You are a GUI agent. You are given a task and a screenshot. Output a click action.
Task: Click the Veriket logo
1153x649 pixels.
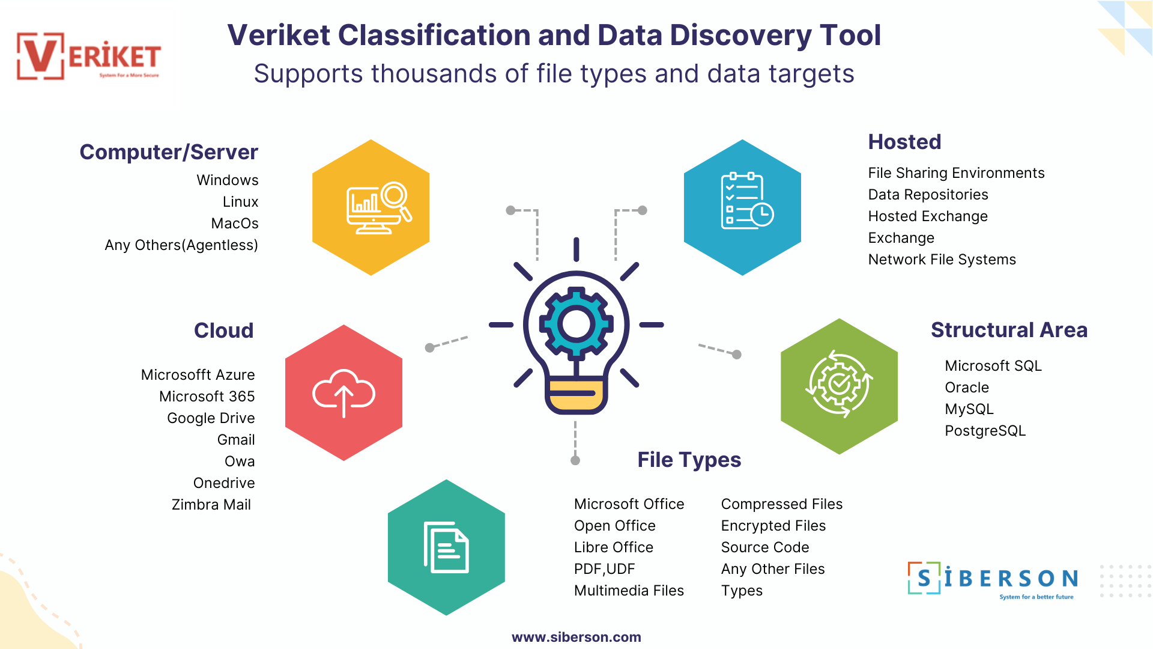89,56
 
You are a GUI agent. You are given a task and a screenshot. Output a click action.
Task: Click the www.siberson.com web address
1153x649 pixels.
576,637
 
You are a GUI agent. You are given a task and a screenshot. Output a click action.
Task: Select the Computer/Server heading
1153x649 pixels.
169,152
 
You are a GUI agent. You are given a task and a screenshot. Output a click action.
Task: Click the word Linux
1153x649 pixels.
240,202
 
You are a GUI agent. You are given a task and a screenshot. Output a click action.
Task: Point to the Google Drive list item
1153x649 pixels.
211,418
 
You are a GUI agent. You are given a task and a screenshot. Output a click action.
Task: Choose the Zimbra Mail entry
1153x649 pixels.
211,505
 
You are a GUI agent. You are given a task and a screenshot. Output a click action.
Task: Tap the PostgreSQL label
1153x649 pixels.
985,431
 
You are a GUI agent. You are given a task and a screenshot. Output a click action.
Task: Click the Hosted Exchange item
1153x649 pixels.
928,216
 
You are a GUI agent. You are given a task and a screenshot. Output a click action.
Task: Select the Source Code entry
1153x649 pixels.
765,547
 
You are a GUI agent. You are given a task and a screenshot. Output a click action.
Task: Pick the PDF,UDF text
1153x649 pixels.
604,569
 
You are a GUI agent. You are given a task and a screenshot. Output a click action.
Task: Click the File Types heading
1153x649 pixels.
689,460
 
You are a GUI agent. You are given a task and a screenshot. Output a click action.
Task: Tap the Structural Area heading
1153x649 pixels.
1009,330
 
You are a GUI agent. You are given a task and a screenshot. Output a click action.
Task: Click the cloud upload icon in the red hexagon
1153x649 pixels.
343,393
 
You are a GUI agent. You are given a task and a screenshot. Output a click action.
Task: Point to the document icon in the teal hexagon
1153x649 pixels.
446,547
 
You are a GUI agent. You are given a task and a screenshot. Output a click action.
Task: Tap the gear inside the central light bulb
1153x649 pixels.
576,324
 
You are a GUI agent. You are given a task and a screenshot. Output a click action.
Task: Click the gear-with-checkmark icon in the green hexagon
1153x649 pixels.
839,384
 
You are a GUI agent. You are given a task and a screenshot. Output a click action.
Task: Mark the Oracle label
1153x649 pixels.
966,388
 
